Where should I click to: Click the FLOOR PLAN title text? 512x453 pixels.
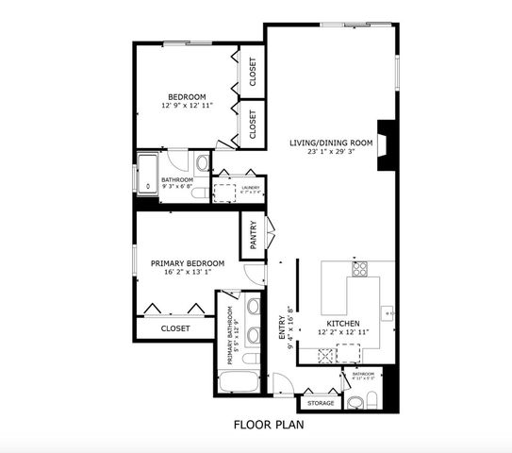click(x=268, y=425)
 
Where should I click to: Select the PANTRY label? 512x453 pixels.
click(x=255, y=237)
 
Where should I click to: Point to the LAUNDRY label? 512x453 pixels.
click(x=250, y=188)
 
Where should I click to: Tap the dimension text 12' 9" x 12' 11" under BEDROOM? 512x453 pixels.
click(x=187, y=106)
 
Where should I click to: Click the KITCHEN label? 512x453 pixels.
click(x=343, y=323)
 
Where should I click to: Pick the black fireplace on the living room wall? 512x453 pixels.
click(x=384, y=145)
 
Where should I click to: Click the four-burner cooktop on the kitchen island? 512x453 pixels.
click(x=360, y=268)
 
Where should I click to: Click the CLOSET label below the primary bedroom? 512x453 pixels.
click(x=174, y=328)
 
